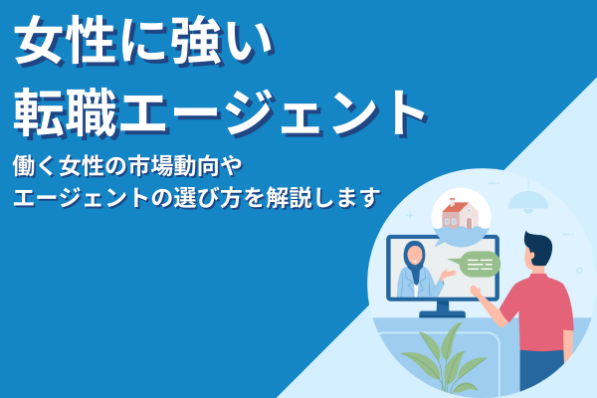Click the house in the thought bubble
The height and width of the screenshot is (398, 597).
459,212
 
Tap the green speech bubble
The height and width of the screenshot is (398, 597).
479,264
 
